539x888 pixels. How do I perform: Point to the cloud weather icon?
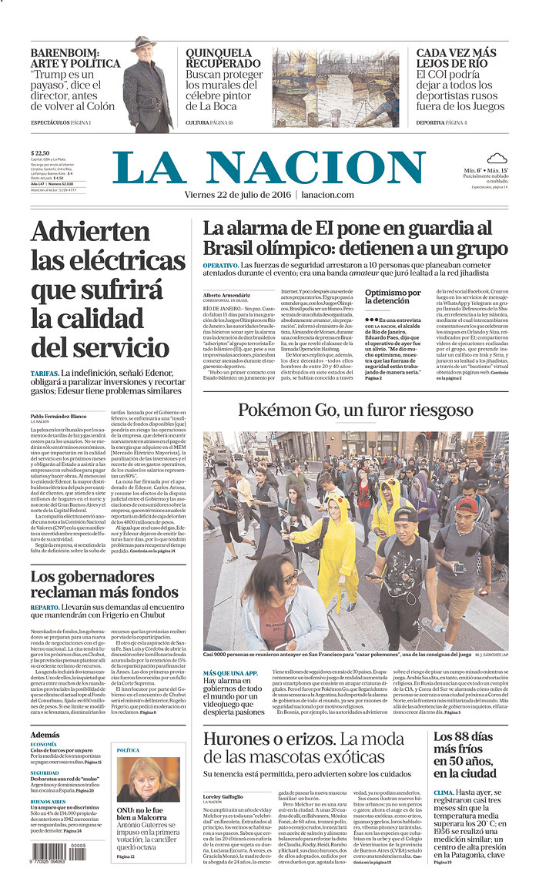496,159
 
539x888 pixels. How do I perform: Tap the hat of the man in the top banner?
143,43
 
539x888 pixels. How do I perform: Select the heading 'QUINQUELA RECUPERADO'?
219,59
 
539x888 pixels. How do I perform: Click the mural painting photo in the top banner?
335,87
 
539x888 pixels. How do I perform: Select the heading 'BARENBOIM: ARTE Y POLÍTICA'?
75,59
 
